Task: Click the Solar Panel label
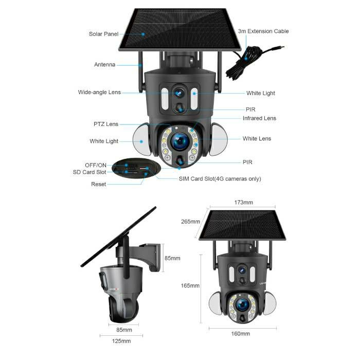[x=103, y=34]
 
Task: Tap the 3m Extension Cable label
[x=263, y=31]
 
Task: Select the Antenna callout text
[x=105, y=64]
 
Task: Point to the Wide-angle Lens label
[x=99, y=92]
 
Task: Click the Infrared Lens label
[x=259, y=118]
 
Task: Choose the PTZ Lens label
[x=106, y=124]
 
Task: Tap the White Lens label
[x=257, y=138]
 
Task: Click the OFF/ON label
[x=96, y=165]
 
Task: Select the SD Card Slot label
[x=89, y=172]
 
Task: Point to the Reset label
[x=99, y=184]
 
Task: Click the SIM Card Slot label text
[x=220, y=179]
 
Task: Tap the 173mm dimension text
[x=244, y=203]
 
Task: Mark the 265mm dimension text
[x=190, y=222]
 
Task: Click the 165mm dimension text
[x=190, y=285]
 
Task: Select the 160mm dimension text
[x=240, y=334]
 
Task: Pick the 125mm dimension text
[x=121, y=341]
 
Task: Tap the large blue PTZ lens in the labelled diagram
[x=180, y=141]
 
